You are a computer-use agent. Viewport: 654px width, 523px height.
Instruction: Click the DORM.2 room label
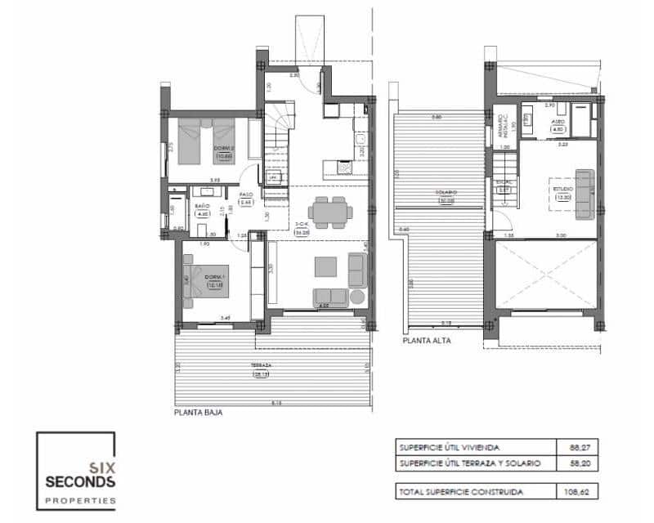pyautogui.click(x=223, y=148)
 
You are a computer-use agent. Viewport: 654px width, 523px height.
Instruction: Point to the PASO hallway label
pyautogui.click(x=244, y=195)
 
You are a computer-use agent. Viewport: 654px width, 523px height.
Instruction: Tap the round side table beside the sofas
pyautogui.click(x=356, y=296)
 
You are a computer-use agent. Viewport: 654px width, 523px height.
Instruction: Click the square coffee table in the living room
pyautogui.click(x=325, y=266)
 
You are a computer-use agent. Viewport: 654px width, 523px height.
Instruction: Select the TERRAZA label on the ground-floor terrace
pyautogui.click(x=262, y=365)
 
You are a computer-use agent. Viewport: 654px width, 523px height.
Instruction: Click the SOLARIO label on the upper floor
pyautogui.click(x=446, y=193)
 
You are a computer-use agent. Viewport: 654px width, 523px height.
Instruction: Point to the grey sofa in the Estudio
pyautogui.click(x=585, y=194)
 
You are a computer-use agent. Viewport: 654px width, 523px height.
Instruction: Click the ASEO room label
pyautogui.click(x=558, y=118)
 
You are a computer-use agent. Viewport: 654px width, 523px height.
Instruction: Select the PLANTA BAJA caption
pyautogui.click(x=199, y=413)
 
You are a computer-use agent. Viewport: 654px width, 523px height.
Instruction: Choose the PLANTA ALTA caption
pyautogui.click(x=426, y=341)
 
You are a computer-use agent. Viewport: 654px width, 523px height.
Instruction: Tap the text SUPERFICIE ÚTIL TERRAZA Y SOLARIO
pyautogui.click(x=469, y=463)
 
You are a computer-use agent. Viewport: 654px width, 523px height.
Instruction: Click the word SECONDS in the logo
pyautogui.click(x=76, y=479)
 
